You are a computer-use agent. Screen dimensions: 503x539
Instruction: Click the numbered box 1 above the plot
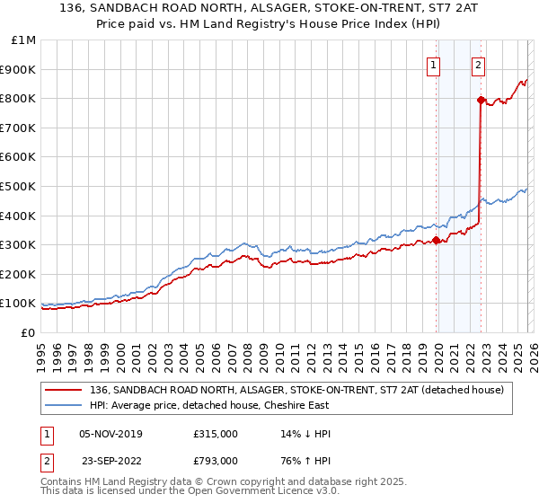[x=434, y=65]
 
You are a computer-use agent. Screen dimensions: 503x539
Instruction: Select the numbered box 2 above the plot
[x=479, y=65]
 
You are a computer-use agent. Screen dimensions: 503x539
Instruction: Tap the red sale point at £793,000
[x=481, y=100]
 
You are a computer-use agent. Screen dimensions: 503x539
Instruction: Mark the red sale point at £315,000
[x=437, y=240]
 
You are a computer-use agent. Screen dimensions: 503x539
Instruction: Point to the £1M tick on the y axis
[x=24, y=40]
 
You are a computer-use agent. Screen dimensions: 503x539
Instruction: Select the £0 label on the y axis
[x=29, y=332]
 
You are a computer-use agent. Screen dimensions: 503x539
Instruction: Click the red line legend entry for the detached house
[x=297, y=390]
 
